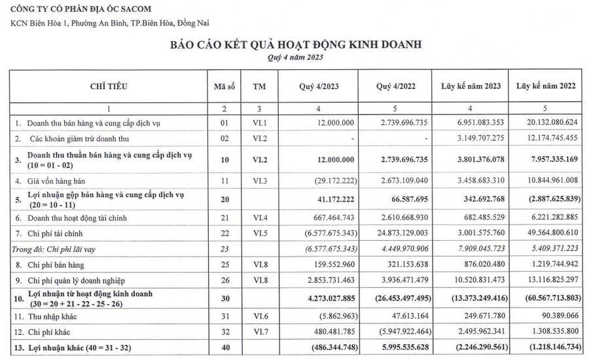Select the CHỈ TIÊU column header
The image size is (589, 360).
tap(109, 86)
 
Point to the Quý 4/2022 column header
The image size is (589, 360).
tap(397, 86)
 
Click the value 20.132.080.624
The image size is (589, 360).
tap(546, 122)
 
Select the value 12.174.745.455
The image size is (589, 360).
tap(546, 139)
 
